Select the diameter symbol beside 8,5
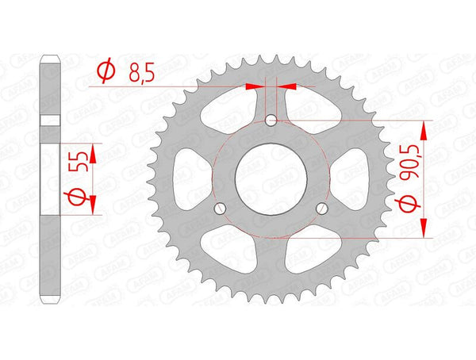104,73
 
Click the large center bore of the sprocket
271,177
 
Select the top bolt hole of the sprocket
271,121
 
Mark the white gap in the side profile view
51,120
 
